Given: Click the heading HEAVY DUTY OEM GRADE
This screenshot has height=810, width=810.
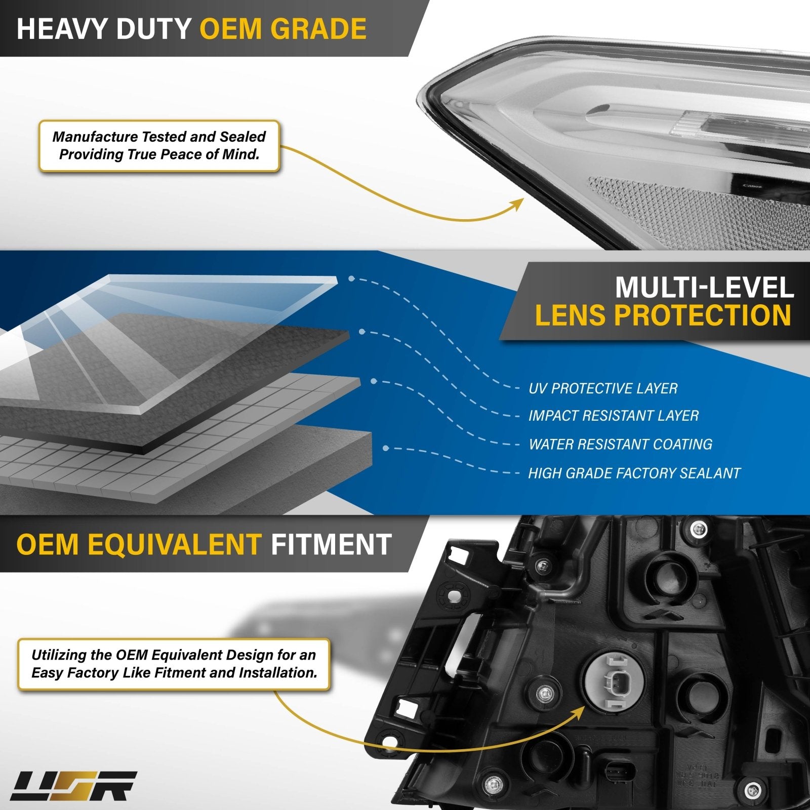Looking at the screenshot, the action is point(191,28).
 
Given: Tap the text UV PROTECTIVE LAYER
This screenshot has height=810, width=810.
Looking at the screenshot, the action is point(603,388).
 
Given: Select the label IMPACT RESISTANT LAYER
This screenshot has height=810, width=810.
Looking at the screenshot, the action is point(614,416).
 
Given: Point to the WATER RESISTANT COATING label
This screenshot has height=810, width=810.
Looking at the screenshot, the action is point(620,444).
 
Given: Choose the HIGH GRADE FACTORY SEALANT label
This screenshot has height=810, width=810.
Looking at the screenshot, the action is point(634,473).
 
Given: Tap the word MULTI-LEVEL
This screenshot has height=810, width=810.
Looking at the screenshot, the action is point(704,287).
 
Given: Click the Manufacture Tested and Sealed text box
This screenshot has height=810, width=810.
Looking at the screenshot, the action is point(159,146).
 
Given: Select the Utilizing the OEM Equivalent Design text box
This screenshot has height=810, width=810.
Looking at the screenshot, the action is point(174,664).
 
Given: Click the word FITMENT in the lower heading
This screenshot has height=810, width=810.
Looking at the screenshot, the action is point(331,544).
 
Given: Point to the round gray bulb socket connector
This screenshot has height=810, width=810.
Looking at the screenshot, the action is point(613,685).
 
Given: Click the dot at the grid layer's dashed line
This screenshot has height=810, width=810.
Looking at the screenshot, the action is point(374,381).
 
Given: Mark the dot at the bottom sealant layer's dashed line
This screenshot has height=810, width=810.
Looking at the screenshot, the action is point(386,449).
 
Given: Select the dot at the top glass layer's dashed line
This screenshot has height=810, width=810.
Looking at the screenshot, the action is point(351,278).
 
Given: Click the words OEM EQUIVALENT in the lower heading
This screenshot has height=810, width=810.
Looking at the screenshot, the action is point(139,544).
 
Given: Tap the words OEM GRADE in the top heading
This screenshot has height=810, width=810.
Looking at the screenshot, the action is point(283,28).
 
